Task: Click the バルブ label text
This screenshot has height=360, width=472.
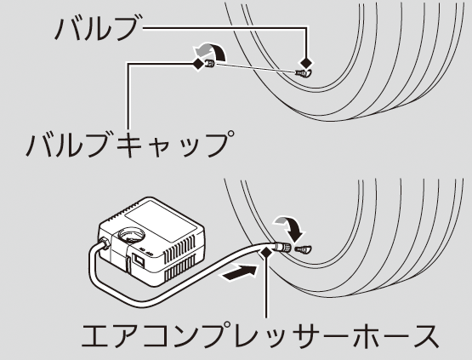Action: [97, 28]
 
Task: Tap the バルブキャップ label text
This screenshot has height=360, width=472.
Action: [130, 144]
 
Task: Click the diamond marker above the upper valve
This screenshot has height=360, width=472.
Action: [307, 63]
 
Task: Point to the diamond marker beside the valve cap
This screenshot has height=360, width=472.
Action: [198, 64]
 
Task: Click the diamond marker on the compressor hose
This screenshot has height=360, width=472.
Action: [266, 253]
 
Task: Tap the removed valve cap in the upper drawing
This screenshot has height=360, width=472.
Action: [210, 64]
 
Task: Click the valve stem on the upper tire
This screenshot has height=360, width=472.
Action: [304, 73]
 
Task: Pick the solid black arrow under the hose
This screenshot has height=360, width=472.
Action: [239, 272]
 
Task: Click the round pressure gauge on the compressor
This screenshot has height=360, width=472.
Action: [133, 236]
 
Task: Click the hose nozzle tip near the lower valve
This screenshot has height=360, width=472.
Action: [283, 248]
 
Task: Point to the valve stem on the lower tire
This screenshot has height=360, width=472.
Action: [304, 249]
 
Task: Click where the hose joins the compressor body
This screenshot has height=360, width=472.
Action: [104, 242]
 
